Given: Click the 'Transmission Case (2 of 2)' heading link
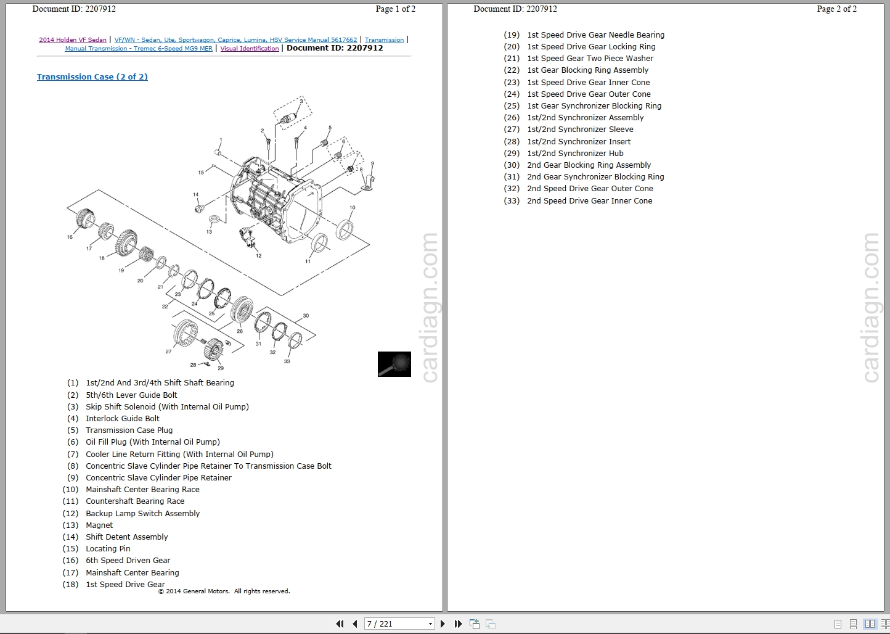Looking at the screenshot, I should coord(92,77).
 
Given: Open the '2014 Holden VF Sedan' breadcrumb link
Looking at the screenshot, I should coord(73,40).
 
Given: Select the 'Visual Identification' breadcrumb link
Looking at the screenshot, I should coord(250,49).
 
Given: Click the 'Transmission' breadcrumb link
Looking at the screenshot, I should coord(384,40).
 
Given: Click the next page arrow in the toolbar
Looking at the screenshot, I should coord(443,624).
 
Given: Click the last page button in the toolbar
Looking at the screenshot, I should coord(458,624).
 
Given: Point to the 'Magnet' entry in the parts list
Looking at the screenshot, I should coord(99,525).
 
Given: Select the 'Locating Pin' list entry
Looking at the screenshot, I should coord(108,549).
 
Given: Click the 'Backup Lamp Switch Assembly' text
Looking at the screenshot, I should coord(142,514).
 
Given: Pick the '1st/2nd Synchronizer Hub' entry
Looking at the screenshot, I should coord(575,154).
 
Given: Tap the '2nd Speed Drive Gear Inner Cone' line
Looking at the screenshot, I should coord(589,201).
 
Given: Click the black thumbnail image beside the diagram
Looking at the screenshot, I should coord(394,364).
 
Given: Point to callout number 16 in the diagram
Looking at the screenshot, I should coord(70,237).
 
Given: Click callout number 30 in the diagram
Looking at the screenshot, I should coord(306,316).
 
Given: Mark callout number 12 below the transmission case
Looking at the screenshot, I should coord(258,255).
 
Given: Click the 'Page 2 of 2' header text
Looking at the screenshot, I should coord(836,9).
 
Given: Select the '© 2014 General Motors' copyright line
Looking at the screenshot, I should coord(224,591).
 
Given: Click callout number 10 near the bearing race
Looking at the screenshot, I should coord(353,208).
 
